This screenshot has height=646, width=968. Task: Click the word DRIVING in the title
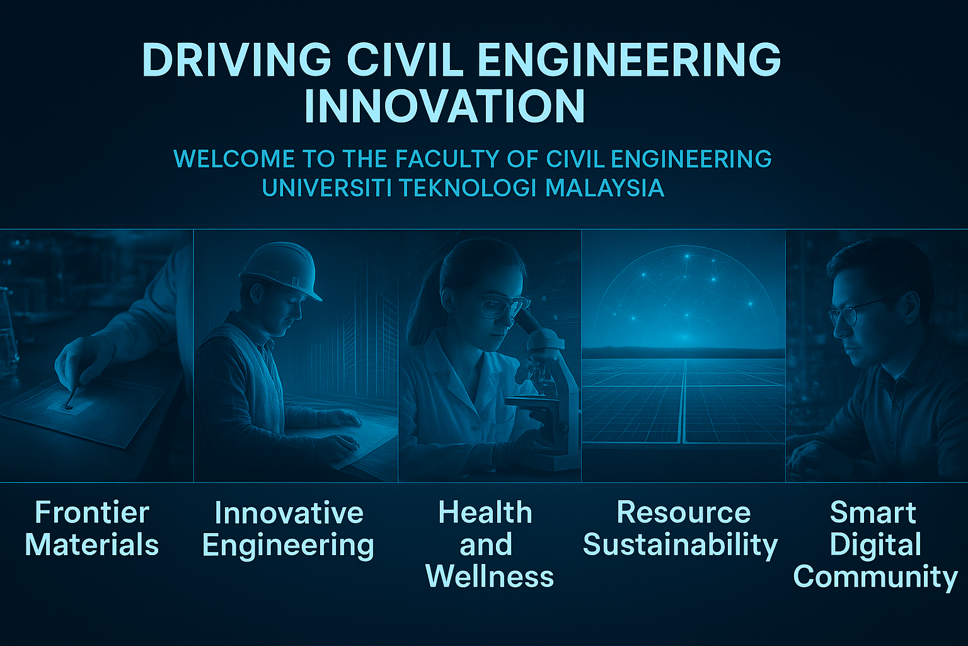(x=236, y=60)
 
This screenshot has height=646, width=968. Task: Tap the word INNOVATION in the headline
(x=445, y=107)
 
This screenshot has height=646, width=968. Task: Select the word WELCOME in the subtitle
(x=234, y=159)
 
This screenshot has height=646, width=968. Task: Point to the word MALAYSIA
(x=604, y=188)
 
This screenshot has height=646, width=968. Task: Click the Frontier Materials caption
(x=92, y=528)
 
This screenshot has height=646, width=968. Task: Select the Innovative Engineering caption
(x=288, y=530)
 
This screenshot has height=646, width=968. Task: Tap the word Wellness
(x=490, y=577)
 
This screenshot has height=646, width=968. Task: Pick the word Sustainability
(x=680, y=546)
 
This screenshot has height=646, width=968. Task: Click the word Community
(x=875, y=578)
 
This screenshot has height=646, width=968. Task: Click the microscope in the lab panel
(x=544, y=389)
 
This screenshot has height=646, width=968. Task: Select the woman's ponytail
(x=423, y=303)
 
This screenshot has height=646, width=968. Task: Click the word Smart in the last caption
(x=873, y=513)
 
